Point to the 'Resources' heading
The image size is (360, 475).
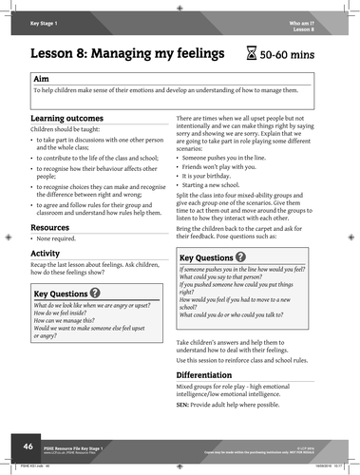tap(50, 228)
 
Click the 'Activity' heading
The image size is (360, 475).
tap(45, 255)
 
